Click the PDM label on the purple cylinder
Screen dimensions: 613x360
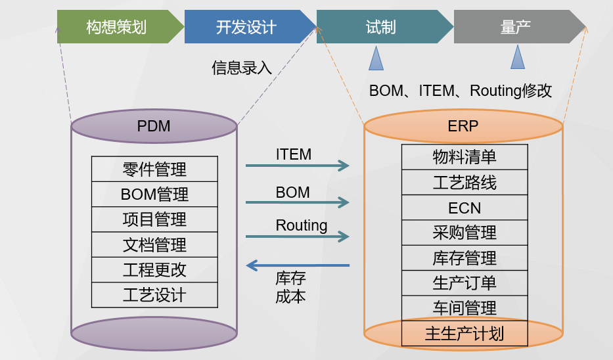(154, 126)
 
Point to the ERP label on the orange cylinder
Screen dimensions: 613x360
(463, 126)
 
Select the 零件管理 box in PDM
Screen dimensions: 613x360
(154, 169)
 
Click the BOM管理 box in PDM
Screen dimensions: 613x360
(154, 194)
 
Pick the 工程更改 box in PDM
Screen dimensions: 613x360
(154, 270)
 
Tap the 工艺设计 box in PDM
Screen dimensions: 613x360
(154, 295)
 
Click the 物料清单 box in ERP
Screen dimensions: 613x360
(465, 157)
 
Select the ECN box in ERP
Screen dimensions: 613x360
(465, 208)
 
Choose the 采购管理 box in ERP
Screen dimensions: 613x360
(465, 233)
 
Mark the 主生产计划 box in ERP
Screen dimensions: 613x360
(465, 334)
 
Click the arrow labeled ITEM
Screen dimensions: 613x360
(298, 166)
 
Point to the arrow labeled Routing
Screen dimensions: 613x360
(298, 236)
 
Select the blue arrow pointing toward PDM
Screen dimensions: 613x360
(298, 265)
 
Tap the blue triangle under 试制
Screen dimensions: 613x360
(376, 58)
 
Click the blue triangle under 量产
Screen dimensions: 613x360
(518, 57)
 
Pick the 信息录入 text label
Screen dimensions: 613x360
(242, 68)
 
